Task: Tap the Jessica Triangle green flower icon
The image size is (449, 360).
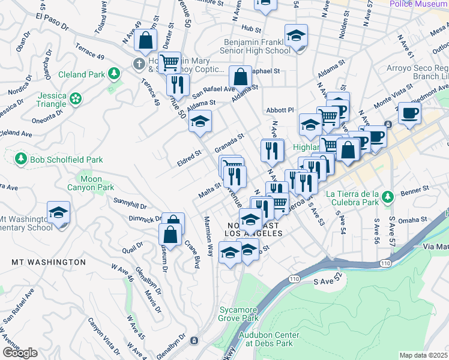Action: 76,98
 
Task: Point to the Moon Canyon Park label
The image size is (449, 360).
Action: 97,183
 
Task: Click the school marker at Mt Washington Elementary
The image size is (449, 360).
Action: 59,212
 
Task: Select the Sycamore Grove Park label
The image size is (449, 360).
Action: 238,314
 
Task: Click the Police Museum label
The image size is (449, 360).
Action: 418,4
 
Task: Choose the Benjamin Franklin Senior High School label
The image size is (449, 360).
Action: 257,46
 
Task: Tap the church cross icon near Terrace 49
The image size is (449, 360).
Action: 139,64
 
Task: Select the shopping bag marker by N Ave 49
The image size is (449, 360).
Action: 145,40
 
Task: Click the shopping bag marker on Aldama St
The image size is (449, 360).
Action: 240,77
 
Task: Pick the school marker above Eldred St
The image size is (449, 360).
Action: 200,122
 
